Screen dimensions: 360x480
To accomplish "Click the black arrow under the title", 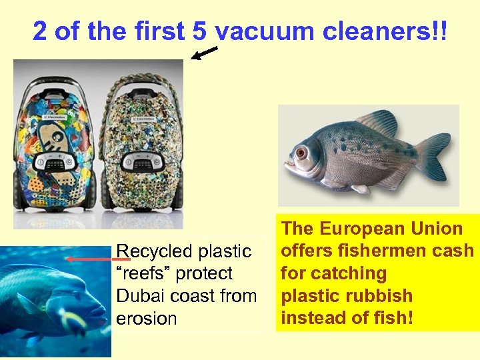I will [204, 54].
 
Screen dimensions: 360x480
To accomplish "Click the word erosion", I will [146, 318].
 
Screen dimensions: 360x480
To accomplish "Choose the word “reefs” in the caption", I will [144, 273].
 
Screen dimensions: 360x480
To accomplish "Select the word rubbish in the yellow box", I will [381, 296].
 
